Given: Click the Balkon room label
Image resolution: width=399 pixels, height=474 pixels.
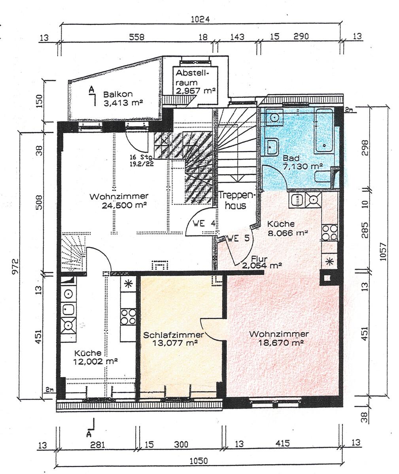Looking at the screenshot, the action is click(118, 94).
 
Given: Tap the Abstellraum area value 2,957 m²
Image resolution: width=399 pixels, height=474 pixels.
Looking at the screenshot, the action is click(196, 91).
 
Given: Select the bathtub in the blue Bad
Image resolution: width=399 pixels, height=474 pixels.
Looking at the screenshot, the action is click(324, 130).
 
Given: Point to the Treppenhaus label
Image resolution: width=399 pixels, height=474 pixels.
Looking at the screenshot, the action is click(237, 200).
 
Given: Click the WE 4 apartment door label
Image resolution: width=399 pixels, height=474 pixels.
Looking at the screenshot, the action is click(204, 224).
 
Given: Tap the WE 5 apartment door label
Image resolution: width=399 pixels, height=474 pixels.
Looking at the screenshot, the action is click(238, 238).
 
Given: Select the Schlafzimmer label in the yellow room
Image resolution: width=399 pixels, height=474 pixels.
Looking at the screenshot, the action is click(174, 335).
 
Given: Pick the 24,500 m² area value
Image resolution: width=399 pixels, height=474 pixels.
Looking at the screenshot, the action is click(124, 205).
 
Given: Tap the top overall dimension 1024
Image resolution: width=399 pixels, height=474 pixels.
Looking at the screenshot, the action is click(200, 19).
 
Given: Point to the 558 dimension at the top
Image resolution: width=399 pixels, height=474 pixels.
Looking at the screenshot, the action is click(136, 37).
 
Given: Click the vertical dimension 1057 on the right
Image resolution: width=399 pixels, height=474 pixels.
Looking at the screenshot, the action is click(383, 252).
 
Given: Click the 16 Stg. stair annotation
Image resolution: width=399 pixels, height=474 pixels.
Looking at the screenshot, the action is click(142, 157).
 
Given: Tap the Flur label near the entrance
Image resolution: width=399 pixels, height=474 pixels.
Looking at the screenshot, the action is click(259, 259).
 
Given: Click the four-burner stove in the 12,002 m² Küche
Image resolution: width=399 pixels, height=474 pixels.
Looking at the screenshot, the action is click(129, 317).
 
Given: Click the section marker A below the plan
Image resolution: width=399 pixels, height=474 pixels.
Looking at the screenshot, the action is click(89, 434).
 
